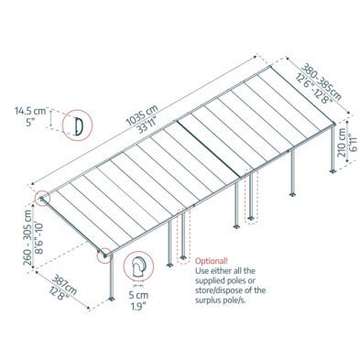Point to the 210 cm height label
tap(342, 142)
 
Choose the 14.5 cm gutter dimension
tap(30, 111)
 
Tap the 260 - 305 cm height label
tap(27, 237)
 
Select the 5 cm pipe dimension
tap(138, 295)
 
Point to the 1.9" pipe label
tap(138, 306)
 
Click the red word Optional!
tap(212, 261)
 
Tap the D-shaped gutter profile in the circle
tap(79, 125)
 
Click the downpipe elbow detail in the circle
tap(138, 267)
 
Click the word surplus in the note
tap(208, 300)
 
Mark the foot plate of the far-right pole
tap(333, 171)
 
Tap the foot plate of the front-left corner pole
tap(112, 299)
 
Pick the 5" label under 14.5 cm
tap(30, 122)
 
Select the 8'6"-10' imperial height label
tap(39, 238)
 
